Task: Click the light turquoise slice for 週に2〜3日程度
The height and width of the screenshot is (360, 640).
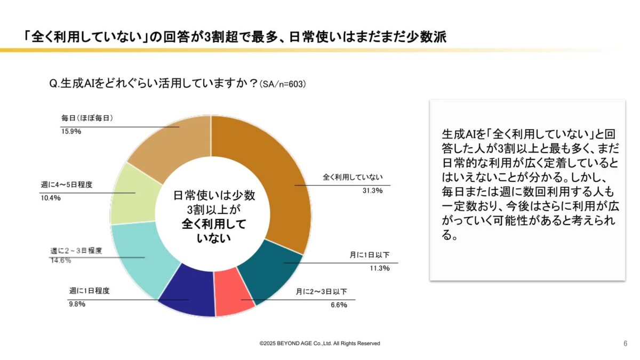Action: pyautogui.click(x=141, y=256)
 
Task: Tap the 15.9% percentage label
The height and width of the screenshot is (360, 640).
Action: pyautogui.click(x=70, y=131)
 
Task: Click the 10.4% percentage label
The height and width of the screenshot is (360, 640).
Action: pyautogui.click(x=51, y=198)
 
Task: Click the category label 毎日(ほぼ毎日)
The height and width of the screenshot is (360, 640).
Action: pyautogui.click(x=87, y=118)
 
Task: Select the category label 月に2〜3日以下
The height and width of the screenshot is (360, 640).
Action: pyautogui.click(x=322, y=292)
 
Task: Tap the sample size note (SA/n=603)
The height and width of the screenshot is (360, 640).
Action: pyautogui.click(x=282, y=84)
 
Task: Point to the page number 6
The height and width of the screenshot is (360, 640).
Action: pyautogui.click(x=625, y=343)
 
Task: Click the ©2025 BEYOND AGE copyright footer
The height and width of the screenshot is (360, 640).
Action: pyautogui.click(x=319, y=343)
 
